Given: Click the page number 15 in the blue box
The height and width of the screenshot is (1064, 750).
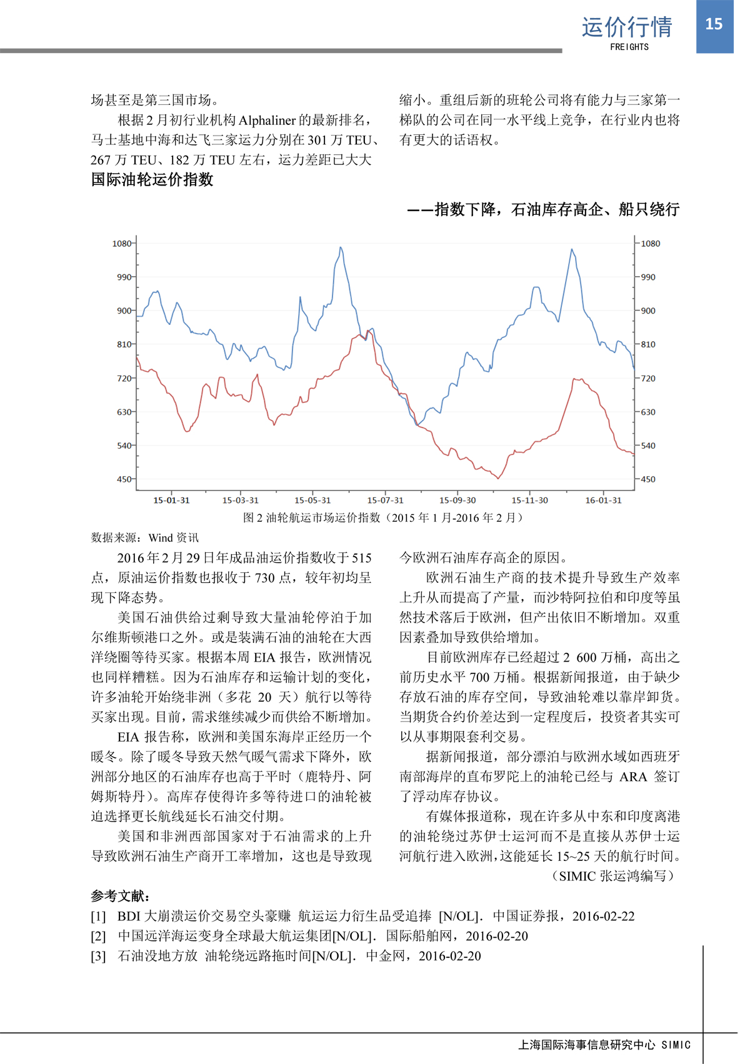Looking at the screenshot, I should (x=714, y=24).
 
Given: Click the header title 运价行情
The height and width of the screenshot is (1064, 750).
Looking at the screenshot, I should (x=627, y=27).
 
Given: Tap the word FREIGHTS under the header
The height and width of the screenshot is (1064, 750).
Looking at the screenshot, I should (x=629, y=47).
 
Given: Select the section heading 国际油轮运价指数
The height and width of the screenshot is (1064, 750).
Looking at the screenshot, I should (x=152, y=180).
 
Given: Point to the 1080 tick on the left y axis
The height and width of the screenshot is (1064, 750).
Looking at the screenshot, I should (x=121, y=244).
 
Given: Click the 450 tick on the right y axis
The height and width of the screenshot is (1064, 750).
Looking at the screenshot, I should (x=649, y=479).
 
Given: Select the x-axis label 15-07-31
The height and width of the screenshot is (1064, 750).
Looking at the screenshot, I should (x=385, y=500).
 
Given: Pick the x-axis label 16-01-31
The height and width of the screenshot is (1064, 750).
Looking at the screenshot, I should (x=603, y=500).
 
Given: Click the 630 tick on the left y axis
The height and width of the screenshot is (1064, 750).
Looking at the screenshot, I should (x=124, y=412).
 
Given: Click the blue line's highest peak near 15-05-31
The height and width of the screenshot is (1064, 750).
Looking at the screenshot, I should (x=341, y=247).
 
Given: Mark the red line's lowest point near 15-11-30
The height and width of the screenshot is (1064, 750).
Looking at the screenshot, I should (x=498, y=479).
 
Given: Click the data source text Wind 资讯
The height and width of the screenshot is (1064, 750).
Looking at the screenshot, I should (x=173, y=537).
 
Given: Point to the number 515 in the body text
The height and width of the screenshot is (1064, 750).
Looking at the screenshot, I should (x=361, y=558).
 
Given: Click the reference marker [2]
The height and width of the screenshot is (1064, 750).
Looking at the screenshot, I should (x=98, y=936).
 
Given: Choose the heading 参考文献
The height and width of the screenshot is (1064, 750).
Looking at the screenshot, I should (x=120, y=896).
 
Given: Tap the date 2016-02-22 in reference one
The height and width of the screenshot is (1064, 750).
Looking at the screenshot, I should (x=603, y=916).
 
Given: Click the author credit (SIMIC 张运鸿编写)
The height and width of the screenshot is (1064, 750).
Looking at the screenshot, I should (x=612, y=876).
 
